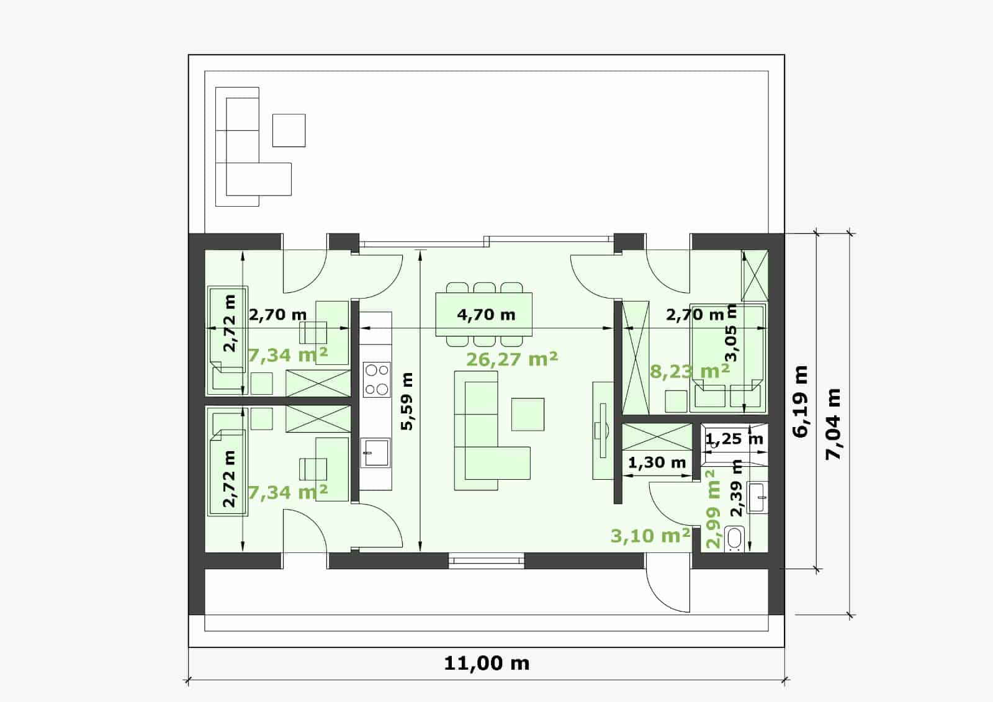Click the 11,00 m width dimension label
point(487,664)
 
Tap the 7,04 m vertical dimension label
point(833,424)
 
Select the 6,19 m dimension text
point(801,402)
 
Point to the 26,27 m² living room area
point(512,359)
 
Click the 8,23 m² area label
point(690,371)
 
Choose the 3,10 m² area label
point(650,536)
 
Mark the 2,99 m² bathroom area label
point(713,509)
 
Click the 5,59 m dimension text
point(407,402)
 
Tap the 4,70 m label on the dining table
point(487,315)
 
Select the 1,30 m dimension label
point(657,463)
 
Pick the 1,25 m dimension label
point(735,439)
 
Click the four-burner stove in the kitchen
point(377,380)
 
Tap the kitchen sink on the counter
point(375,452)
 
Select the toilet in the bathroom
point(735,539)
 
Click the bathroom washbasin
point(757,497)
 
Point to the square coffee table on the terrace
point(289,130)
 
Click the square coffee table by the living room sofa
point(528,414)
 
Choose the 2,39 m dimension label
point(736,488)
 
